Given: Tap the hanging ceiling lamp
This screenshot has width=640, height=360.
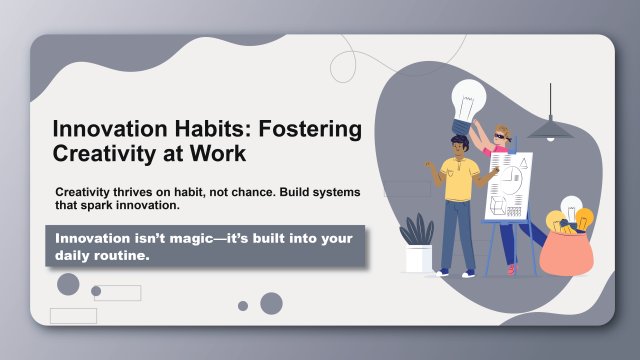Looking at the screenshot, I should (x=548, y=127).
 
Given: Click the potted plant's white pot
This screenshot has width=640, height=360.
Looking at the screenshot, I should (x=417, y=259).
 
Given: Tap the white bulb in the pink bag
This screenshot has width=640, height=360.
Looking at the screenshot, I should (x=571, y=208).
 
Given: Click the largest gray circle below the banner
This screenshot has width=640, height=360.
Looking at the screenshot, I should (x=271, y=303).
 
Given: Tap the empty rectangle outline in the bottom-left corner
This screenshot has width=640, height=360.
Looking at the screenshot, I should (x=73, y=316).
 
